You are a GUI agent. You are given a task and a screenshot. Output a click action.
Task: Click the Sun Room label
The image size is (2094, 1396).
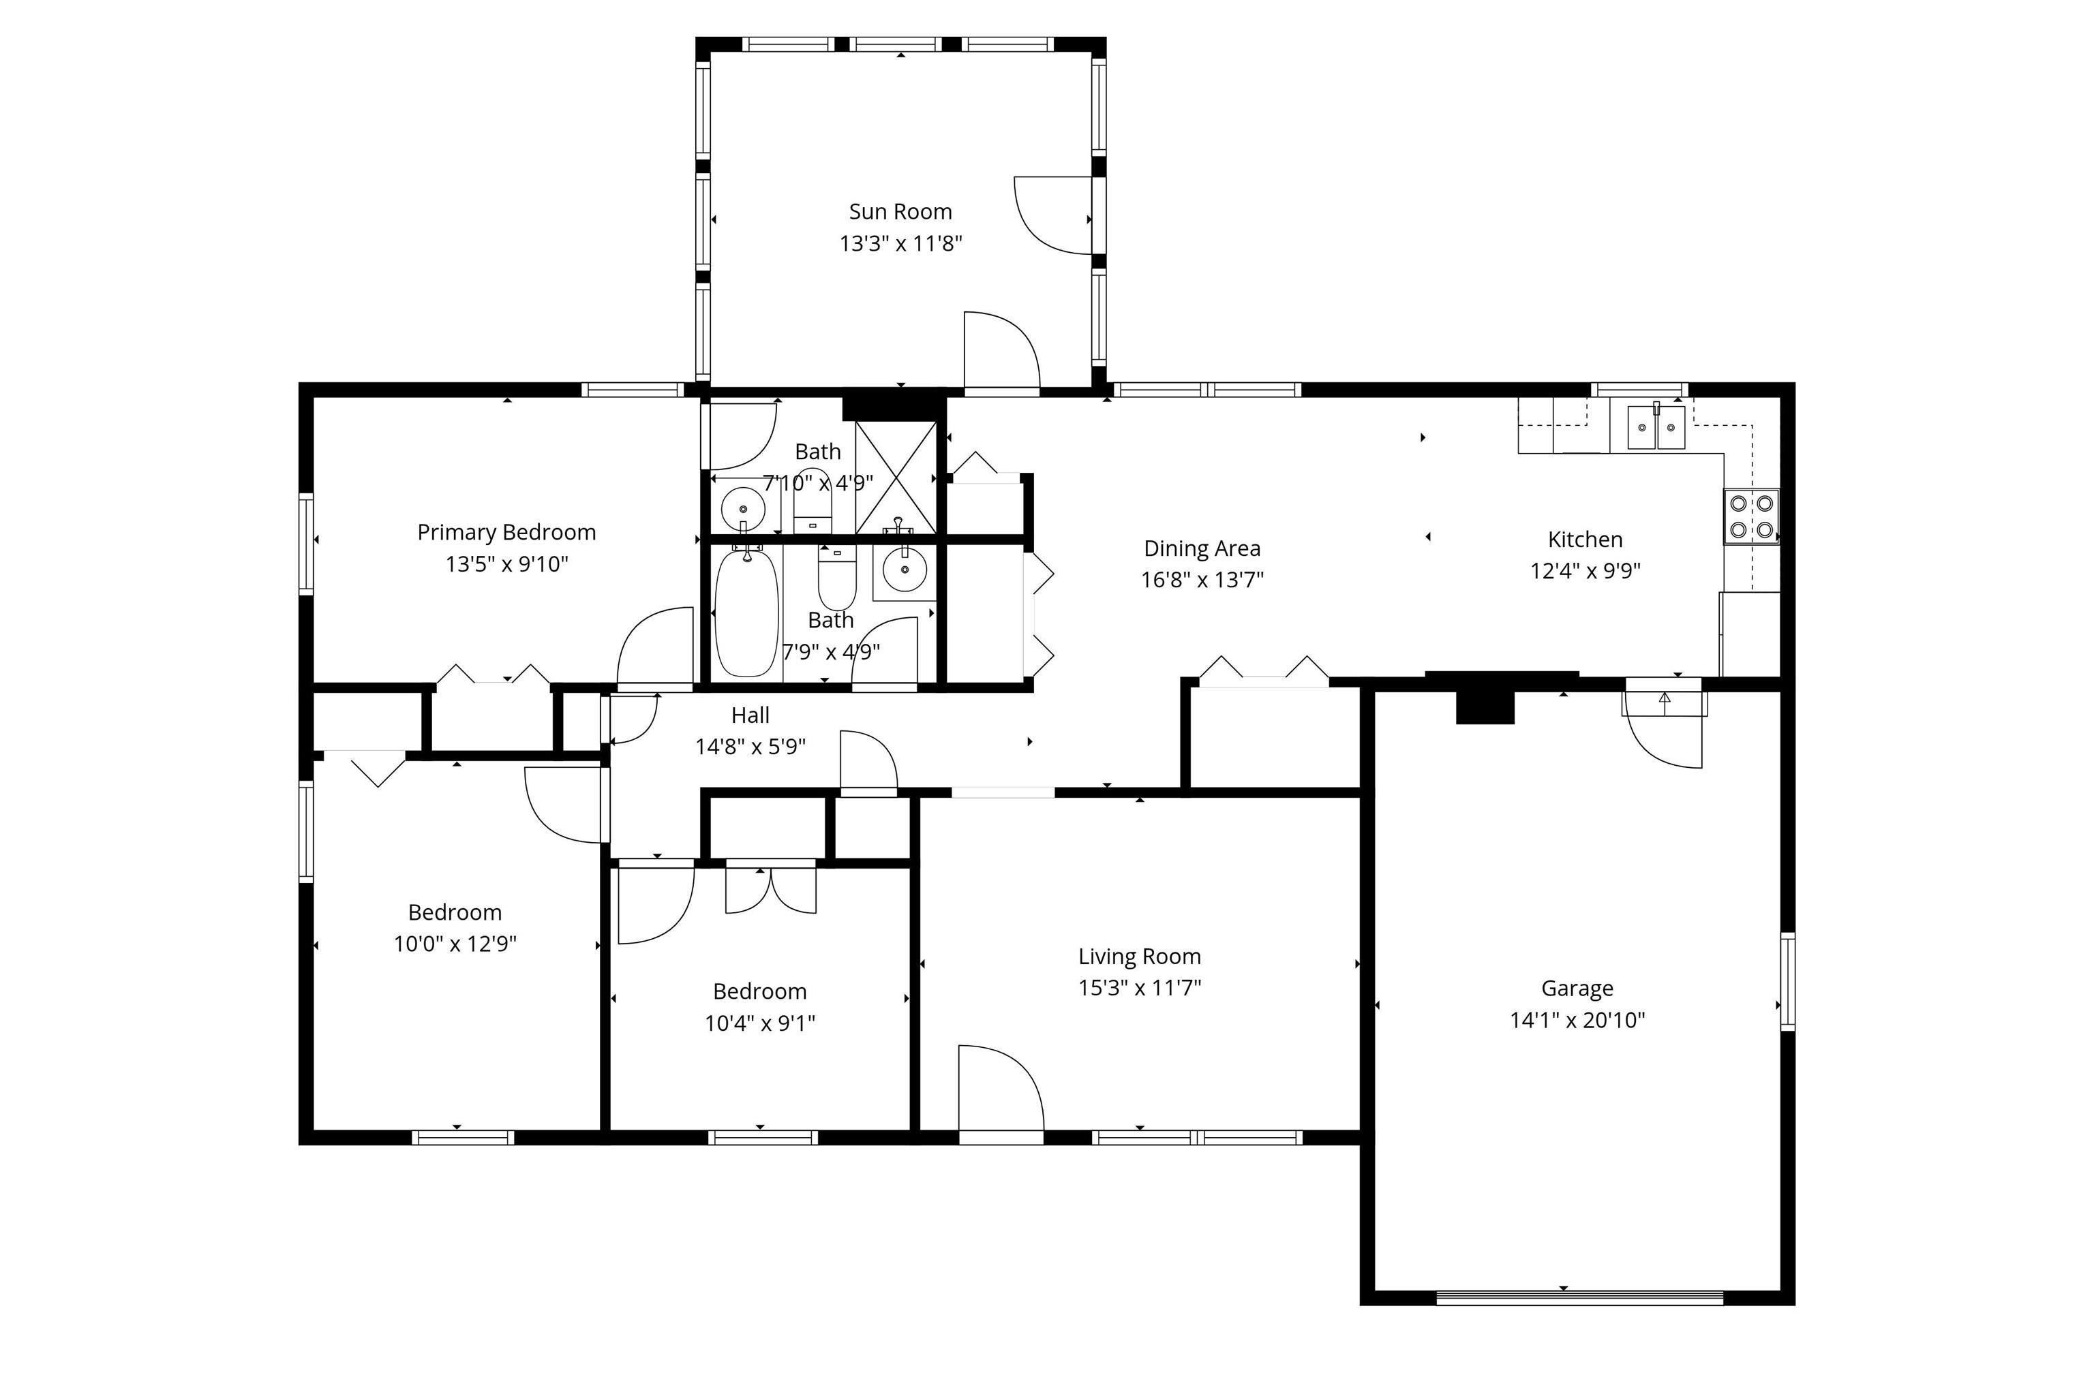click(900, 212)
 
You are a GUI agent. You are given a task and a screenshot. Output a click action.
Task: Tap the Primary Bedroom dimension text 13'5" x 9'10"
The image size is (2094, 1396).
click(506, 563)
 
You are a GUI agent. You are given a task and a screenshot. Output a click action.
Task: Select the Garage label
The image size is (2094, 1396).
click(1577, 989)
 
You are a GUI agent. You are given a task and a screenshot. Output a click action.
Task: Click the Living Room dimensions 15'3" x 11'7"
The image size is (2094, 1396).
click(1140, 987)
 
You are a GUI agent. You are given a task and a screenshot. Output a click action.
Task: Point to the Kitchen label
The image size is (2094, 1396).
click(1585, 540)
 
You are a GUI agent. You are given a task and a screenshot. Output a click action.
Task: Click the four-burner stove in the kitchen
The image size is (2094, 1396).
click(1751, 516)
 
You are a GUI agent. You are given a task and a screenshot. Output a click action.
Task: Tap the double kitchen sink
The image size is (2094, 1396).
click(1656, 426)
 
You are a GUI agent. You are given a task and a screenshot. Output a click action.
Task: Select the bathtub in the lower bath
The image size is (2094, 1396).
click(746, 612)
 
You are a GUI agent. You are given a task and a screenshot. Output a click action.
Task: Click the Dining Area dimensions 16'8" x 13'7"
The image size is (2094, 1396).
click(1202, 580)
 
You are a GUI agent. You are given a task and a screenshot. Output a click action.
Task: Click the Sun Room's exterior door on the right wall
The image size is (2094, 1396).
click(1054, 215)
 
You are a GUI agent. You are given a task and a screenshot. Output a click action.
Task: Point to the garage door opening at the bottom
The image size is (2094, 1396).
click(1580, 1297)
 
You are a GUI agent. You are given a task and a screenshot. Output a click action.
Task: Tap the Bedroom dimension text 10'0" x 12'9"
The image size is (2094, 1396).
click(455, 944)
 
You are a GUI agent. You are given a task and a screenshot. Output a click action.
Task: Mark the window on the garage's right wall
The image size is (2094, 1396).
click(1787, 981)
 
